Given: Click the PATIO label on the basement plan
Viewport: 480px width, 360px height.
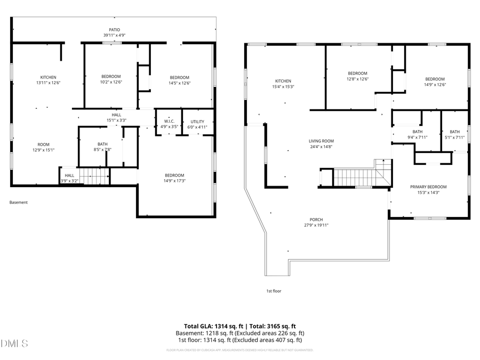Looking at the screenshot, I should point(115,30).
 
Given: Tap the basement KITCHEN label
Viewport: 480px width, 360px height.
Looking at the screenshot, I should point(48,77).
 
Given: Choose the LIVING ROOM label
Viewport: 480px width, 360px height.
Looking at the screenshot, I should point(325,141).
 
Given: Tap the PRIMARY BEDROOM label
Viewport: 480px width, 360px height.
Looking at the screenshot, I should point(428,187).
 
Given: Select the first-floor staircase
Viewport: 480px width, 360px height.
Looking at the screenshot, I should point(356,177).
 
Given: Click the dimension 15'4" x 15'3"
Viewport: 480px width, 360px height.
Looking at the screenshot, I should point(283,86).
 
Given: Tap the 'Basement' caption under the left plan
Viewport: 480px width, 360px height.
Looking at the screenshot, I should point(19,203).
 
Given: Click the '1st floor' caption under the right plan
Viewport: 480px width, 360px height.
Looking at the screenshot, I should point(274,291).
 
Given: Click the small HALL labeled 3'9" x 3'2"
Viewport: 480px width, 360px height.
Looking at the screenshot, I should point(69,175).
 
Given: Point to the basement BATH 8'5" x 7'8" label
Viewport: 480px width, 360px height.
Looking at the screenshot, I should point(102,145).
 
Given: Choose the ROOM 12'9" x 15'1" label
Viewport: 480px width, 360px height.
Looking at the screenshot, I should point(43,145).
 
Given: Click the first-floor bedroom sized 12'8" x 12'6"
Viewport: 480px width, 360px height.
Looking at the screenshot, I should point(357,73).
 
